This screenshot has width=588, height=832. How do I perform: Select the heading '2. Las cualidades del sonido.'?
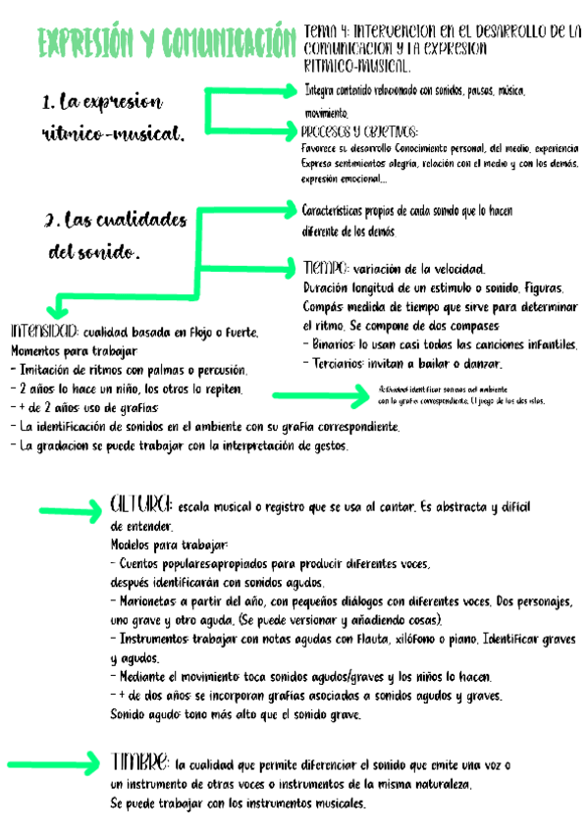[x=108, y=235]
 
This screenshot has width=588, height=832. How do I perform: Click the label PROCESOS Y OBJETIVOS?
[x=359, y=131]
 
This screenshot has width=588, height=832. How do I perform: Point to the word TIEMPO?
[x=325, y=267]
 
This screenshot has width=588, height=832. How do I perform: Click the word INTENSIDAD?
[x=44, y=331]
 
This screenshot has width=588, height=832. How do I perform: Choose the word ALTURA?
[x=142, y=504]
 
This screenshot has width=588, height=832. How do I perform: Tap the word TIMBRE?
[x=140, y=762]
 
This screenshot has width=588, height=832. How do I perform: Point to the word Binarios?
[x=334, y=344]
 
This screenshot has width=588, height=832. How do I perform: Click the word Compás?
[x=324, y=307]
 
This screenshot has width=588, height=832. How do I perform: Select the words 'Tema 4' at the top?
[x=327, y=30]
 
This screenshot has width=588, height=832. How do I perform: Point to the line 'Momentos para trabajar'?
[x=75, y=350]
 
